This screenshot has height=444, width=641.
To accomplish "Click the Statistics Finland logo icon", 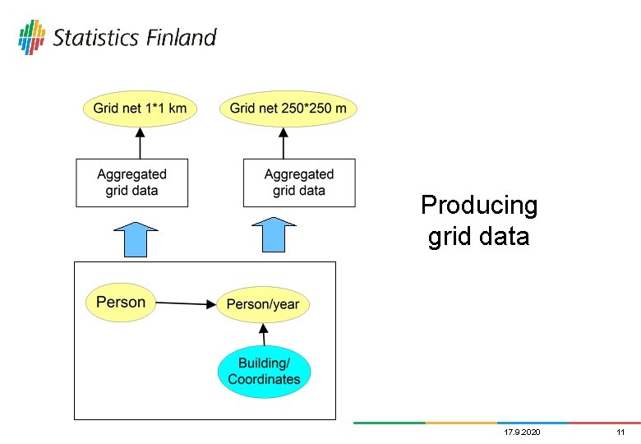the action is (x=32, y=37).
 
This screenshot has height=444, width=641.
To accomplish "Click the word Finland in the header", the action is (x=182, y=38).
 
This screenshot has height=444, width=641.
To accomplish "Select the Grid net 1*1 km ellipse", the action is (x=140, y=109).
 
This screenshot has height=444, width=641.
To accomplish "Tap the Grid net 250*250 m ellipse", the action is (x=288, y=109).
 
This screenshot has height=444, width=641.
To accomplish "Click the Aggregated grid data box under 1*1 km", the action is (x=131, y=183).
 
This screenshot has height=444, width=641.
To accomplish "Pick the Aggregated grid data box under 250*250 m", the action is (x=299, y=183).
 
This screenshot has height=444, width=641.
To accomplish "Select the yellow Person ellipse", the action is (x=121, y=302).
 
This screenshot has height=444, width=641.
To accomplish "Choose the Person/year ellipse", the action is (x=263, y=304).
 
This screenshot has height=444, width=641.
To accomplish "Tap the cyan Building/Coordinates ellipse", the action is (x=264, y=372).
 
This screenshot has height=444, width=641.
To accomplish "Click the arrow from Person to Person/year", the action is (x=185, y=303).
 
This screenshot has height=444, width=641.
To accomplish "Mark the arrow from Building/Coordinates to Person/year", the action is (x=264, y=335).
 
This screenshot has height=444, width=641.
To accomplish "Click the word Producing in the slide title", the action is (x=479, y=205).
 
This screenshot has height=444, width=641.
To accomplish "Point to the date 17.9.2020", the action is (x=522, y=432).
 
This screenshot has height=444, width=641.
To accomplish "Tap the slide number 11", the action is (x=620, y=432).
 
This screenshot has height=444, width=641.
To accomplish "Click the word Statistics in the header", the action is (x=97, y=38).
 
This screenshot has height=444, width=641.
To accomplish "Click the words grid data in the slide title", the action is (x=479, y=238).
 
